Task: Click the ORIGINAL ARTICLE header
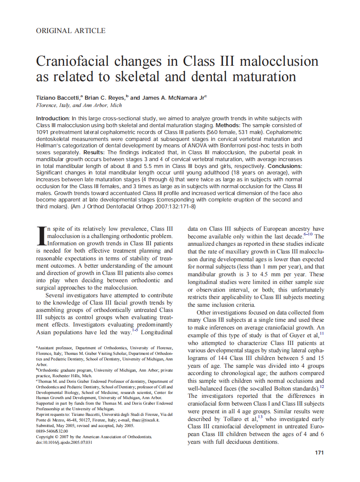click(70, 31)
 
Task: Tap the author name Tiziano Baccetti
click(58, 98)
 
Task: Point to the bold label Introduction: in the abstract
click(53, 118)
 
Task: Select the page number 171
click(319, 452)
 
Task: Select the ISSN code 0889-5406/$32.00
click(52, 431)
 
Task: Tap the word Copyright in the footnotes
click(46, 436)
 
